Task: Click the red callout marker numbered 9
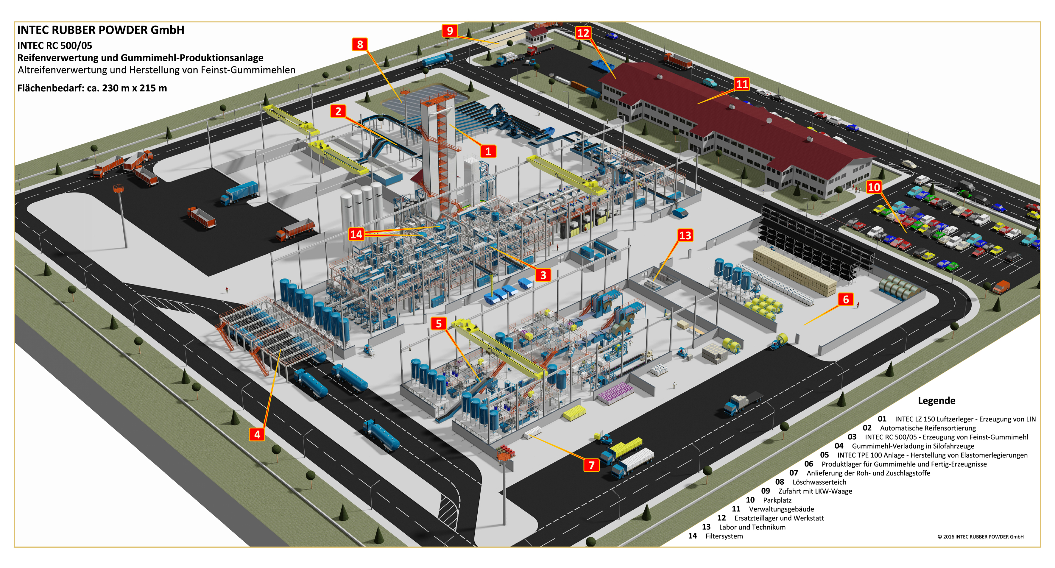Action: click(450, 31)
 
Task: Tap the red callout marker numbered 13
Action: click(685, 235)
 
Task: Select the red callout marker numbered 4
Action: click(257, 434)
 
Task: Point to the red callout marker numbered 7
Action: click(591, 465)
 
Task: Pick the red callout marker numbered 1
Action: click(488, 151)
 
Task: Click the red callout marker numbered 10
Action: click(874, 187)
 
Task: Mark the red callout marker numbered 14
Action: click(356, 234)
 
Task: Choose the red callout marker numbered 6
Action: click(846, 299)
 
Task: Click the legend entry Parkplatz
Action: click(777, 500)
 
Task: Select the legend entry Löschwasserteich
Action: click(819, 482)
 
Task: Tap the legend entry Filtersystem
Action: click(724, 536)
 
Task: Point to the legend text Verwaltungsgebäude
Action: click(781, 509)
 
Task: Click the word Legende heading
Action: click(936, 400)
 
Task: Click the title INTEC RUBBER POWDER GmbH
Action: click(100, 30)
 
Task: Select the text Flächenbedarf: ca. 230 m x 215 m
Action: click(92, 88)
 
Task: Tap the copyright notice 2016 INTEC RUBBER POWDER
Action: click(981, 536)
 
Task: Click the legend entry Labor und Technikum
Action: click(752, 527)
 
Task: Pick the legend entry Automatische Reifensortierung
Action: click(928, 428)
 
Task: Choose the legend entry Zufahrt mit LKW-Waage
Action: click(815, 491)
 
